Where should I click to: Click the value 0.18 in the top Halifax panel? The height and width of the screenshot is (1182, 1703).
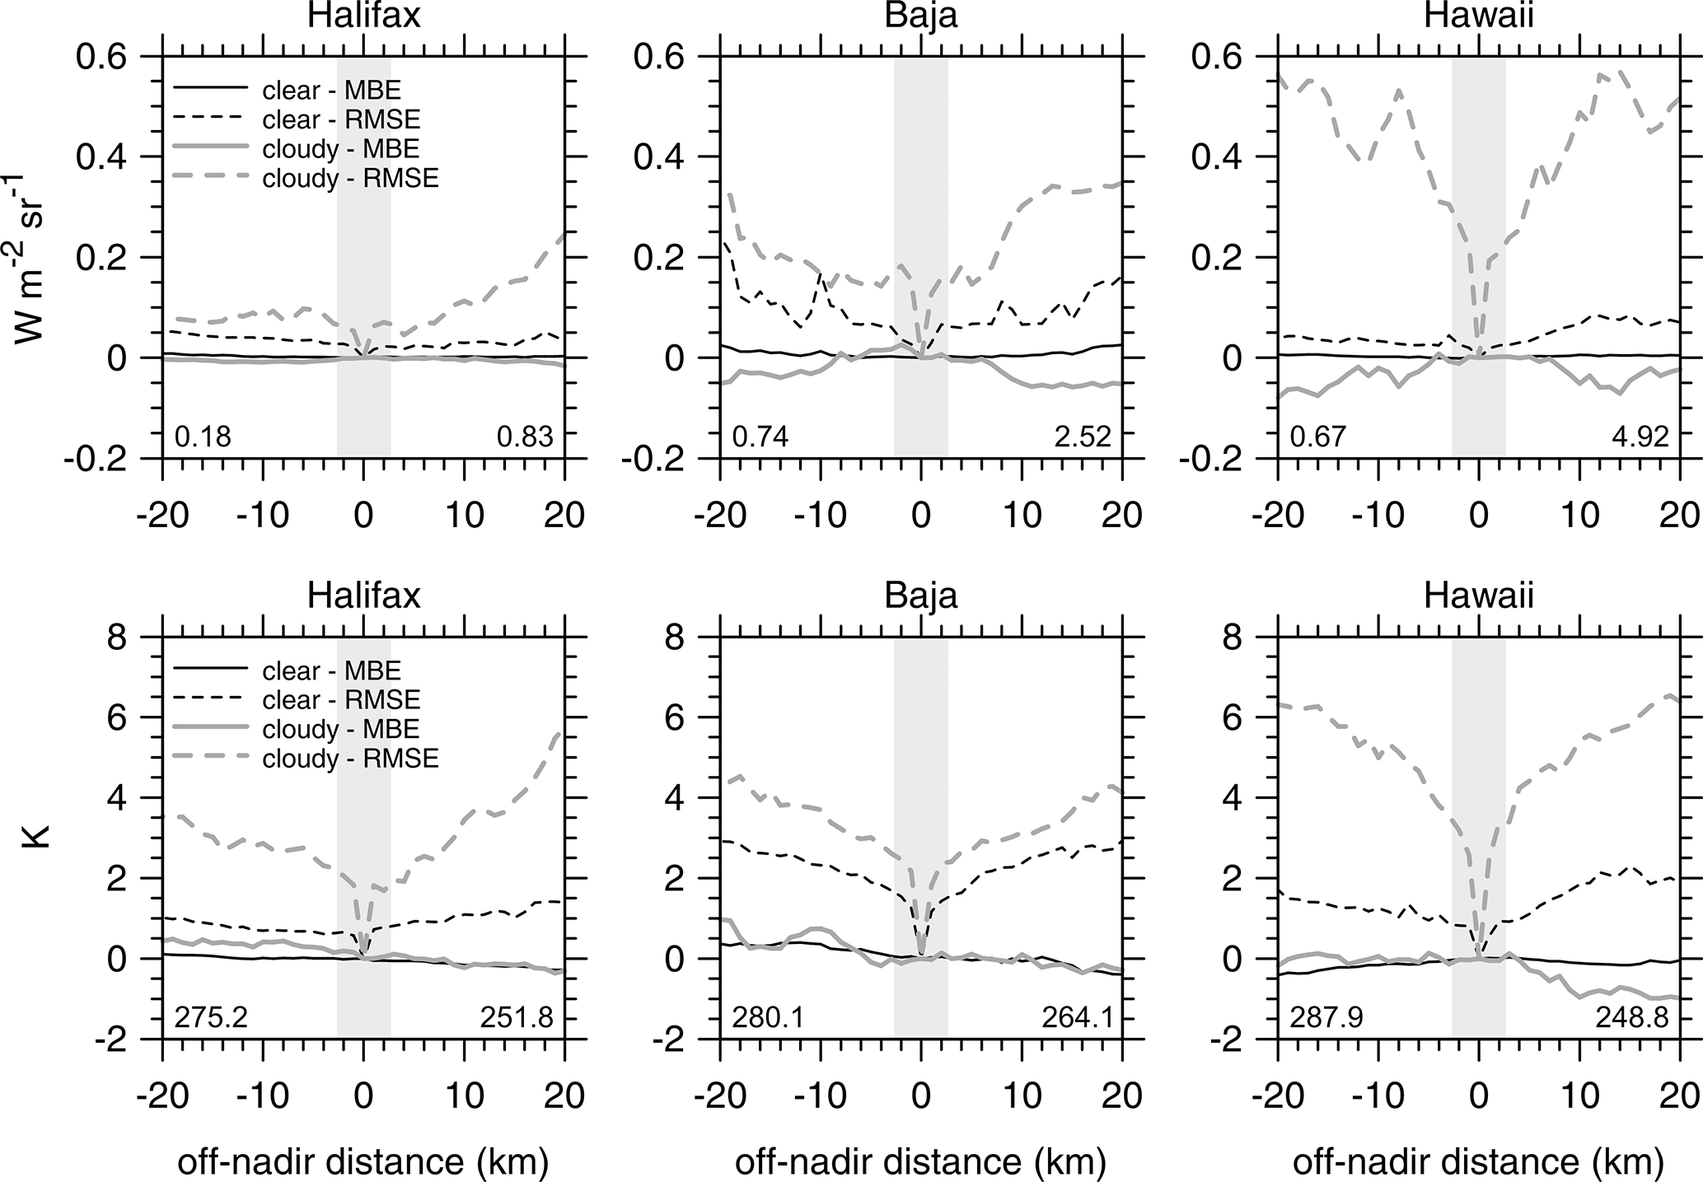[203, 436]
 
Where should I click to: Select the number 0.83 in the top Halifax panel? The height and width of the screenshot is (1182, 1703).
[525, 436]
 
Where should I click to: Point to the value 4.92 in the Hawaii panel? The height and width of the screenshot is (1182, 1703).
[1640, 436]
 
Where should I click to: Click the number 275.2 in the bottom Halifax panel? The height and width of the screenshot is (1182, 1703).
[211, 1018]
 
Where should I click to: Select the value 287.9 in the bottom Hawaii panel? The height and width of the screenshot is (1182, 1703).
[1326, 1018]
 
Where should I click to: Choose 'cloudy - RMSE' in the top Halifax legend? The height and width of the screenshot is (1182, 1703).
[350, 178]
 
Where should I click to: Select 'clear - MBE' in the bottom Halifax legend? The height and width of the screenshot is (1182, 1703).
[331, 670]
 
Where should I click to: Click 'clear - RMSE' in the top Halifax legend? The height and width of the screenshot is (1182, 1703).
[341, 120]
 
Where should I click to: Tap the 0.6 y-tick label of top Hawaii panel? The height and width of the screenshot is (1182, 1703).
[1219, 57]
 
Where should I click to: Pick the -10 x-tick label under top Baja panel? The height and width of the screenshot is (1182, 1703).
[821, 515]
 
